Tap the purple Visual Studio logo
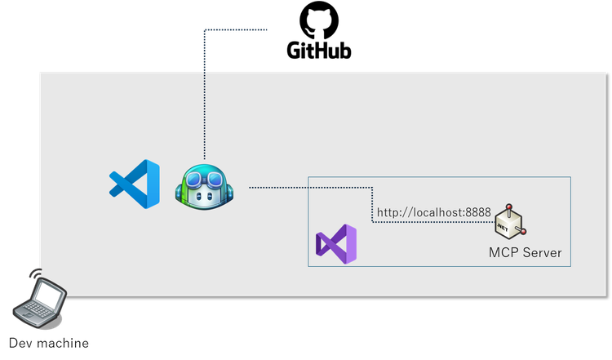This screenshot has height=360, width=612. (336, 242)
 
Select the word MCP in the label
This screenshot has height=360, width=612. (501, 252)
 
